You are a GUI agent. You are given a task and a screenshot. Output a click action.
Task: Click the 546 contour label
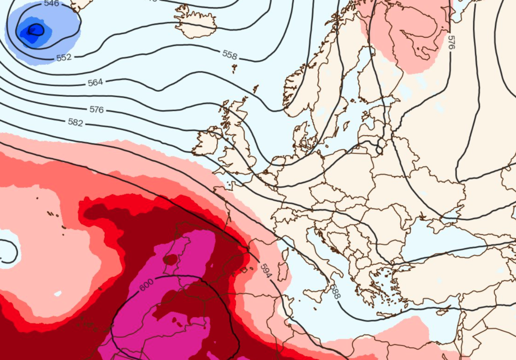51,4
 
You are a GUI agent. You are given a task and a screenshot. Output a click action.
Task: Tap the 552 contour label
64,57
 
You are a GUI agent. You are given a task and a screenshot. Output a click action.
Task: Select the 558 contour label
230,55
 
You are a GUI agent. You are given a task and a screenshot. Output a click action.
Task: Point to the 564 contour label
95,83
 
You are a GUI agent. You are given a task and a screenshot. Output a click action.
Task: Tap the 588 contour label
335,291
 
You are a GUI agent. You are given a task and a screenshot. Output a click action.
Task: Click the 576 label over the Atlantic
96,109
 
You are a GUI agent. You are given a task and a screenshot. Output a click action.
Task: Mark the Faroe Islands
234,68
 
